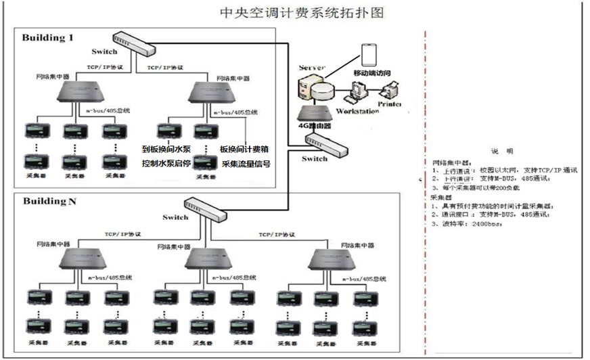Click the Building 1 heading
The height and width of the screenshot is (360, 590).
[x=48, y=37]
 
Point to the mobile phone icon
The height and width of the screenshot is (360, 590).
[x=369, y=55]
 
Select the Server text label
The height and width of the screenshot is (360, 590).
[x=313, y=68]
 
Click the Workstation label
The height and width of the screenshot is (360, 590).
[x=357, y=111]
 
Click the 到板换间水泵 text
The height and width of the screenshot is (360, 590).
[x=166, y=149]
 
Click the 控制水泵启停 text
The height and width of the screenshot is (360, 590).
[x=166, y=164]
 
